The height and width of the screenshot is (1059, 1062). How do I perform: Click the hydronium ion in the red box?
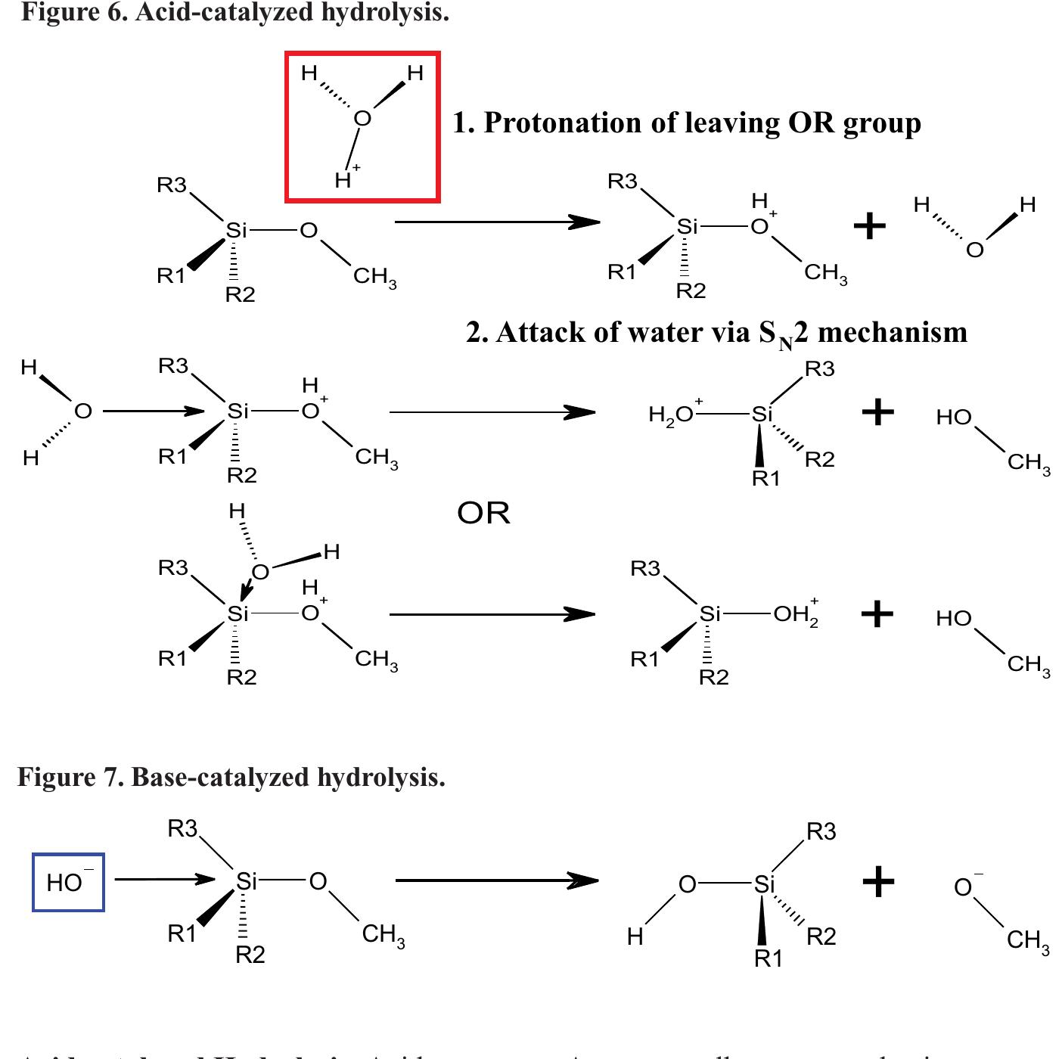(x=362, y=126)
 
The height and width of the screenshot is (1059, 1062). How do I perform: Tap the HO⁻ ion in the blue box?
(x=68, y=882)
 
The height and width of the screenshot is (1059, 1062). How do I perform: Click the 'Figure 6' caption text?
(x=234, y=12)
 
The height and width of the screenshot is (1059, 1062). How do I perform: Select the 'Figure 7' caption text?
(x=231, y=777)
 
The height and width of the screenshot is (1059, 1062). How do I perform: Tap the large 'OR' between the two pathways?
(x=483, y=514)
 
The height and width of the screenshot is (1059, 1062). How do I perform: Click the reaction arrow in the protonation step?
(x=497, y=222)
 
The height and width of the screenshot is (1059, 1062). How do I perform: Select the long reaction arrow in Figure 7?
(x=496, y=880)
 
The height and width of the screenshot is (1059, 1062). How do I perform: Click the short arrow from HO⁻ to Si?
(x=165, y=879)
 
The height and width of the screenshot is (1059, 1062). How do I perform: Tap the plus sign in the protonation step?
(x=869, y=225)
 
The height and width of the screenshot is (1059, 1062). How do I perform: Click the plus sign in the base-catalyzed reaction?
(x=878, y=881)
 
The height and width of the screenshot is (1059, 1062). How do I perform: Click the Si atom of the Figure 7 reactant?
(x=247, y=881)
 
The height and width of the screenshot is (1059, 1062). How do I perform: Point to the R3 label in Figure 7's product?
(x=821, y=832)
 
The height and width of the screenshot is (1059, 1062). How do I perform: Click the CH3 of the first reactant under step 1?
(x=374, y=277)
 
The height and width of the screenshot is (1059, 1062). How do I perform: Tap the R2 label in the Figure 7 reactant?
(x=250, y=955)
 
